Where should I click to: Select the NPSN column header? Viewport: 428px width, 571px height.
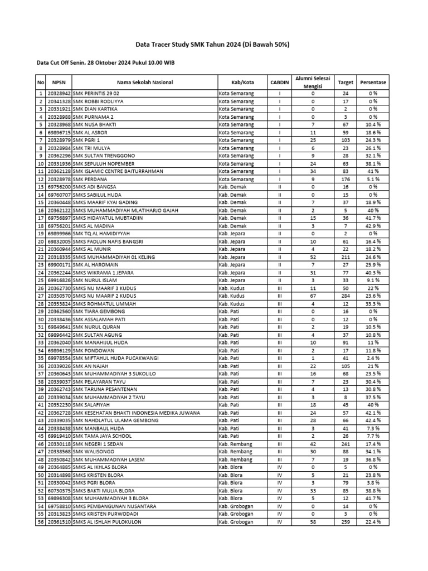[x=59, y=83]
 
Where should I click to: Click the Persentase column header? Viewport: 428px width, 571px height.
[x=373, y=83]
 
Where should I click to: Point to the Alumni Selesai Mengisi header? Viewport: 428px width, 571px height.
[x=313, y=83]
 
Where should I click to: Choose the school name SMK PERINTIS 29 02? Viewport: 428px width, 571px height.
[x=96, y=94]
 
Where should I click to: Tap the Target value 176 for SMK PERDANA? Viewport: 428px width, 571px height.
[x=346, y=180]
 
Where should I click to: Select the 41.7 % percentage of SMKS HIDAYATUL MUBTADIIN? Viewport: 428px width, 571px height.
[x=373, y=218]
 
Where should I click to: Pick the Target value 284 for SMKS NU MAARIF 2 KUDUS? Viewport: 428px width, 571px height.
[x=346, y=296]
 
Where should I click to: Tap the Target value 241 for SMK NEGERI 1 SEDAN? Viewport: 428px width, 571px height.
[x=346, y=444]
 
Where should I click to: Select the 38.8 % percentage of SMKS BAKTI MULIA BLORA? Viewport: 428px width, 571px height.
[x=373, y=491]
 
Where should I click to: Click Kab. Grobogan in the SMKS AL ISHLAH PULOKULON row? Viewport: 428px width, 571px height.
[x=236, y=522]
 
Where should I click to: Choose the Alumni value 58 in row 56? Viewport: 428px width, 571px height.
[x=313, y=522]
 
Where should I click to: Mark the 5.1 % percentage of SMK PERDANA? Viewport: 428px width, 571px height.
[x=373, y=180]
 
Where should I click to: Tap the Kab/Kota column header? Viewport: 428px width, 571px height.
[x=235, y=83]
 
